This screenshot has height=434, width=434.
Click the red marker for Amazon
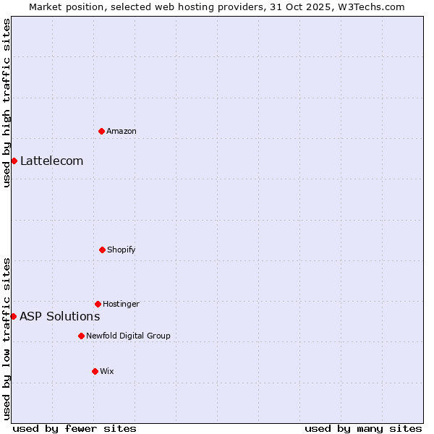102,131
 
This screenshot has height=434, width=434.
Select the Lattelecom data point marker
14,161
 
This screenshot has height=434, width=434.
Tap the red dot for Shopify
102,250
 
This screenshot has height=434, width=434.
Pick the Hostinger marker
98,304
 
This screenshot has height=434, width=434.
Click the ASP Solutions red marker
13,316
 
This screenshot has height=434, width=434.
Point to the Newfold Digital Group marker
81,336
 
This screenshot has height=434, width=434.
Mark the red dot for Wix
95,371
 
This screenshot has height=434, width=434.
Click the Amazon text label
122,131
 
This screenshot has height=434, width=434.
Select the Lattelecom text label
51,161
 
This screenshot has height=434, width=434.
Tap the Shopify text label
122,250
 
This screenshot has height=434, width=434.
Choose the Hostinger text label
121,304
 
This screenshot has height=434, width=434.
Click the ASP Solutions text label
59,316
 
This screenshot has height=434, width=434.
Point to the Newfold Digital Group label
128,336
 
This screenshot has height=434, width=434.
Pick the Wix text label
107,371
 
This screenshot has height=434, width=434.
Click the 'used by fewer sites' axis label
75,428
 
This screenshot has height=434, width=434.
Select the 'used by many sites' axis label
363,428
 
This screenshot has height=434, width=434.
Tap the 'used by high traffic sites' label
7,103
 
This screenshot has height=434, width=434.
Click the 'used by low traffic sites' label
7,339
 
